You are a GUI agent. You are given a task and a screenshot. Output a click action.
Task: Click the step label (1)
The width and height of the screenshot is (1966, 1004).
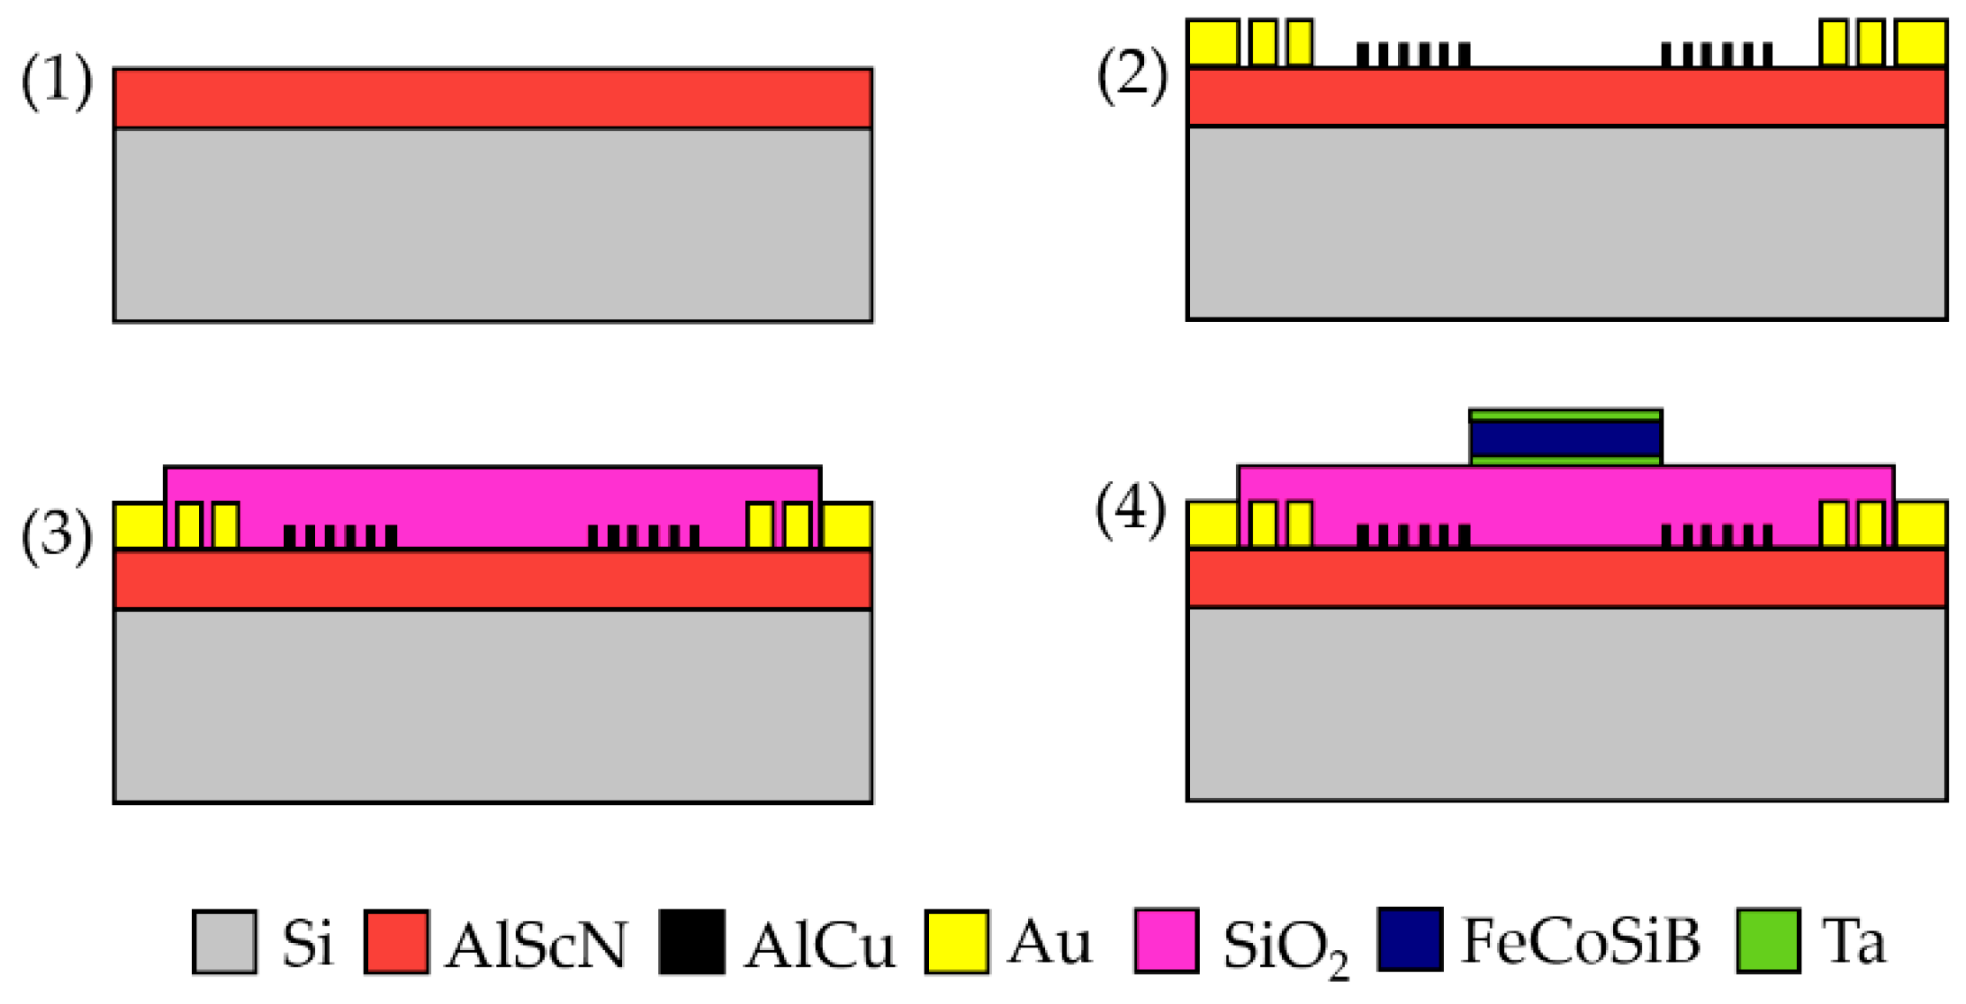click(x=57, y=81)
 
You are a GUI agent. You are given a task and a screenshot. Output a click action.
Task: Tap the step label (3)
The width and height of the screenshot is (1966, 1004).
click(x=57, y=535)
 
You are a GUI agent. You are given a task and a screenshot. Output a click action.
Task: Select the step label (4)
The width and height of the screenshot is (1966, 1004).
click(x=1131, y=510)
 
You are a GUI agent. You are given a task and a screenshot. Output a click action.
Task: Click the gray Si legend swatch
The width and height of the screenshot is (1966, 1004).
click(x=225, y=943)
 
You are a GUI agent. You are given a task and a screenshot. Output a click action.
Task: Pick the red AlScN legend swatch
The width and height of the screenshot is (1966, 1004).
click(x=396, y=943)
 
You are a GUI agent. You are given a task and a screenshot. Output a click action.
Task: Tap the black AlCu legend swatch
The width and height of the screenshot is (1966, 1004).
click(x=692, y=943)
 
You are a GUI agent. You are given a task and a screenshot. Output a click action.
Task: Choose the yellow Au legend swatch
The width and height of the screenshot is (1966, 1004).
click(x=956, y=943)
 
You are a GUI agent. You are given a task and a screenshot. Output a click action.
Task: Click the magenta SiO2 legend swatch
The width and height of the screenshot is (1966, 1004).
click(x=1166, y=941)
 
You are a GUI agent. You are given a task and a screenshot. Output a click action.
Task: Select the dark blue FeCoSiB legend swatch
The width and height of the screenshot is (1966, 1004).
click(x=1410, y=939)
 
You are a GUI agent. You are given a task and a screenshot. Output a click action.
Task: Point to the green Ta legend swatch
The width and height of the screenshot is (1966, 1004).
click(x=1768, y=941)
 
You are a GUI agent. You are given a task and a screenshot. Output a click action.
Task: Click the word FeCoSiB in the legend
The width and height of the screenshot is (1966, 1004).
click(x=1580, y=941)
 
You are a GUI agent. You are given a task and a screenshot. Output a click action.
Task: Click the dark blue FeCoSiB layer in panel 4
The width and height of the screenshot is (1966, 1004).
click(x=1565, y=439)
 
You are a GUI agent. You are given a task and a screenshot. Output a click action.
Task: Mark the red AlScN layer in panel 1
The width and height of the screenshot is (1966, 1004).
click(x=493, y=98)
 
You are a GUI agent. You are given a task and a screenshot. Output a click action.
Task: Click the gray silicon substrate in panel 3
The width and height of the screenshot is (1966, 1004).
click(x=493, y=706)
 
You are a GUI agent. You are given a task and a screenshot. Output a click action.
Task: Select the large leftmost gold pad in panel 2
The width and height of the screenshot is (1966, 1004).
click(x=1212, y=42)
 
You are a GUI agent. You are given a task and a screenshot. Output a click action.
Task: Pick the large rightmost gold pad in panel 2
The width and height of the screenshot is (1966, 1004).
click(x=1921, y=42)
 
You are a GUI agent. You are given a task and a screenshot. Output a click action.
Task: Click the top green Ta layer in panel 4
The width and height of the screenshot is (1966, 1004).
click(x=1565, y=415)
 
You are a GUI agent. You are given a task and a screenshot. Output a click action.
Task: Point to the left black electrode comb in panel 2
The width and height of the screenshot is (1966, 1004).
click(x=1413, y=55)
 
